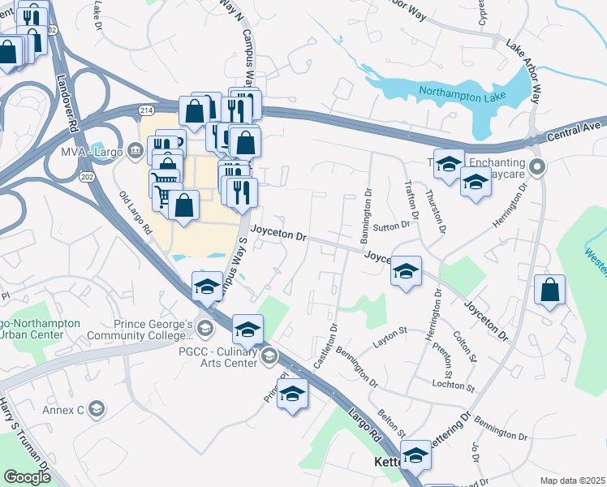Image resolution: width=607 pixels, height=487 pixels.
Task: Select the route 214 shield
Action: coord(146,110)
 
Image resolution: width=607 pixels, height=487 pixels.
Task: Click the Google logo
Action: coord(28,477)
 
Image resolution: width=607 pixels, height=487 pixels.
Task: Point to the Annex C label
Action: coord(65,410)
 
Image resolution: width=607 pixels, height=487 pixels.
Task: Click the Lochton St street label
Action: coord(452,384)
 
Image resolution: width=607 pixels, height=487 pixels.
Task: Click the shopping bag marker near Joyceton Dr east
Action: coord(550,291)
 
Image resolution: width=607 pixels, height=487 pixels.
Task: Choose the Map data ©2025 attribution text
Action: coord(572,481)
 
